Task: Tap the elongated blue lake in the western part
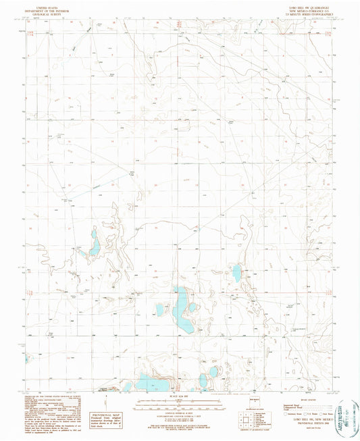tap(95, 242)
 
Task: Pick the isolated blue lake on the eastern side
tap(236, 273)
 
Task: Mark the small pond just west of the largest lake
tap(160, 309)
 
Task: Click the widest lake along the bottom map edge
tap(152, 384)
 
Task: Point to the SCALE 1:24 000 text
tap(179, 396)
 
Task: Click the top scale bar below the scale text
tap(179, 403)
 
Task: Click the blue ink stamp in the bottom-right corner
tap(347, 413)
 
